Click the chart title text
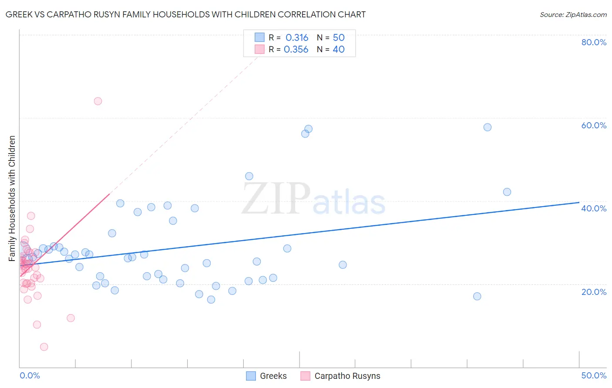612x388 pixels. (185, 14)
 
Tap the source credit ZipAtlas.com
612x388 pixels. (573, 14)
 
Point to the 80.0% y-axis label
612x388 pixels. (594, 42)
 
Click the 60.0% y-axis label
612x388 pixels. (594, 125)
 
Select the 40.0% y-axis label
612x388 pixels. (594, 208)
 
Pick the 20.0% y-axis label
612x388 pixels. (594, 292)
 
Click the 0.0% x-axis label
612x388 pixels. (30, 375)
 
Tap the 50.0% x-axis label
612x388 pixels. (594, 375)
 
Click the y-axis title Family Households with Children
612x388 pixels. (12, 198)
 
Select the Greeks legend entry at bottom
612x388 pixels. (266, 376)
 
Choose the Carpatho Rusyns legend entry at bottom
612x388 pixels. (340, 376)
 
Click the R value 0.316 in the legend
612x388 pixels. (297, 37)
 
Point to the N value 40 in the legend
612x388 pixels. (339, 50)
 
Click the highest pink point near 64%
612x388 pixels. (98, 101)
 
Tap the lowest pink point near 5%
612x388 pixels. (44, 347)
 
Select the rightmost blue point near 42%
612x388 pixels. (507, 192)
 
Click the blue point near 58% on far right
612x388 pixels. (488, 127)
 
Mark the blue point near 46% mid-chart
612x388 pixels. (249, 176)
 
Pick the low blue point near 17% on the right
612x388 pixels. (477, 296)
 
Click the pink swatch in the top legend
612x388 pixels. (259, 50)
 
